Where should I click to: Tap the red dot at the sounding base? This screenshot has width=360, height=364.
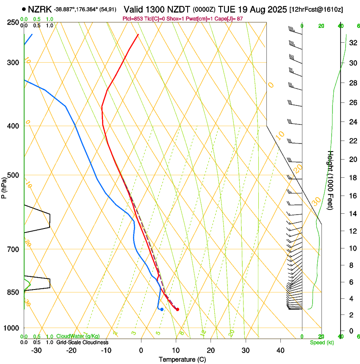point(177,309)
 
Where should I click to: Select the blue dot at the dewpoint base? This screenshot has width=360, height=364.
point(162,309)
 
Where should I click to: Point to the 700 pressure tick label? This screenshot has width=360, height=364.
point(14,249)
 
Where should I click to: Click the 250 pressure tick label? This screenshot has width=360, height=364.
point(14,22)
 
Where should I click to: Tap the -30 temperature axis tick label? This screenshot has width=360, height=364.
point(36,350)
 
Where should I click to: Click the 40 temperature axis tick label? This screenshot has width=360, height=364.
point(280,350)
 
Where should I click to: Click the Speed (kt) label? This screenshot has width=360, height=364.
point(322,342)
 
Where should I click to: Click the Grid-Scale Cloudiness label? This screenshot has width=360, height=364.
point(82,342)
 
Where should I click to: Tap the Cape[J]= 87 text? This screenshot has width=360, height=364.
point(233,19)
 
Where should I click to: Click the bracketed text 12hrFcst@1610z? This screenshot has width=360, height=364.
point(316,9)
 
